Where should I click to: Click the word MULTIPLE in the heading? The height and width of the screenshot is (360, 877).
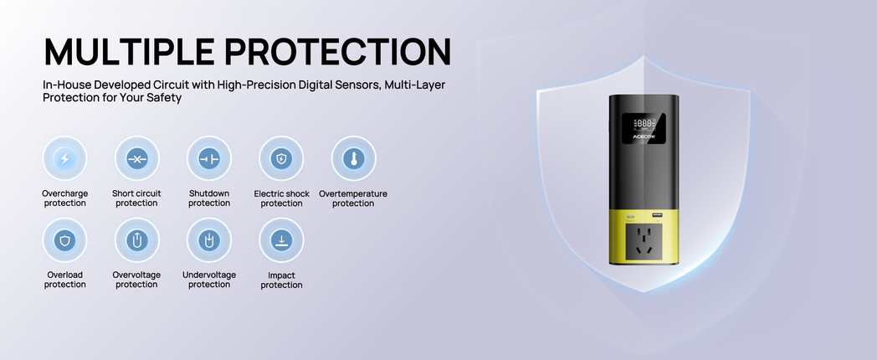coord(129,52)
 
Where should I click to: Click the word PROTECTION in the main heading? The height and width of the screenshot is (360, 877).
coord(338,52)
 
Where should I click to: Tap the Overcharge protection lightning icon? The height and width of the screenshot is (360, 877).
coord(65,158)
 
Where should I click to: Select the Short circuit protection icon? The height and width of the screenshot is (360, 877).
coord(137,158)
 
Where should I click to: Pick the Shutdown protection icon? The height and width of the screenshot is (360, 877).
coord(209,158)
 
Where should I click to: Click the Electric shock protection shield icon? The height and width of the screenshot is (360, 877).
coord(281,158)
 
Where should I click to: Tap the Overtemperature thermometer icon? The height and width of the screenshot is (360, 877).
coord(353,158)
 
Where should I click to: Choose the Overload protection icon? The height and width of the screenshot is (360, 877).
coord(65,240)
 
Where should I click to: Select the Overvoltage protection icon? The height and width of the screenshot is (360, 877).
coord(137,240)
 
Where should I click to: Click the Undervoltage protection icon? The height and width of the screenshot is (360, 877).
coord(209,240)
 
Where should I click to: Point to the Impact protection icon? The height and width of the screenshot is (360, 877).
coord(281,240)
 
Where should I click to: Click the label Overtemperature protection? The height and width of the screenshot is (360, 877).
coord(353,198)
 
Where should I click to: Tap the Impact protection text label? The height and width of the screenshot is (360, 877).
coord(281,280)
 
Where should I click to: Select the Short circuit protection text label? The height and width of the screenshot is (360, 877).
coord(136,198)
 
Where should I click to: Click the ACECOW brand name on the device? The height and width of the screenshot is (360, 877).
coord(644,136)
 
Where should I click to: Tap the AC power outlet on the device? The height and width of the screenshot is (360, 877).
coord(644,244)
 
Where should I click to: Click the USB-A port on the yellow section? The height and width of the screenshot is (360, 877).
coord(655,215)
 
